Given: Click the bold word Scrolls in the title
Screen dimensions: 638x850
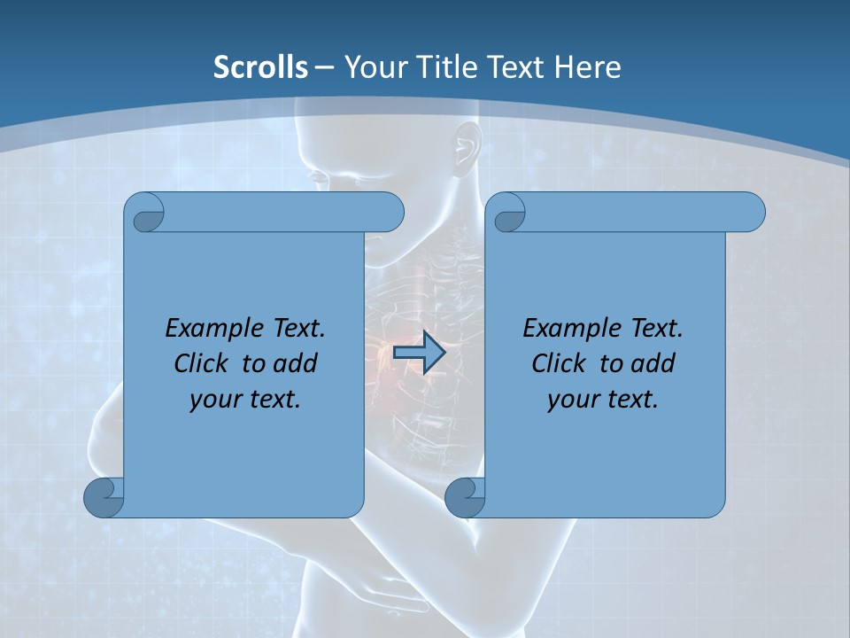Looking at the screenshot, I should pyautogui.click(x=261, y=67).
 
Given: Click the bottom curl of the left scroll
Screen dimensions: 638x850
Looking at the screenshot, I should pyautogui.click(x=104, y=497).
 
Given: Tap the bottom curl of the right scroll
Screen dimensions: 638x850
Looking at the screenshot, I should pyautogui.click(x=464, y=497).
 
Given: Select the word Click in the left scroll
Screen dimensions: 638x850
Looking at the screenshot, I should pyautogui.click(x=201, y=363).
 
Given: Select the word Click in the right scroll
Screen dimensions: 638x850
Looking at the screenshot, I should pyautogui.click(x=559, y=363).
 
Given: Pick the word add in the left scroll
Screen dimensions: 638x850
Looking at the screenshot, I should pyautogui.click(x=297, y=363).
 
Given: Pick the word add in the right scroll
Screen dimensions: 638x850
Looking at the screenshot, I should pyautogui.click(x=654, y=363).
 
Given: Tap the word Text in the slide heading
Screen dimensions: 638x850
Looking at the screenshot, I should pyautogui.click(x=514, y=67).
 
